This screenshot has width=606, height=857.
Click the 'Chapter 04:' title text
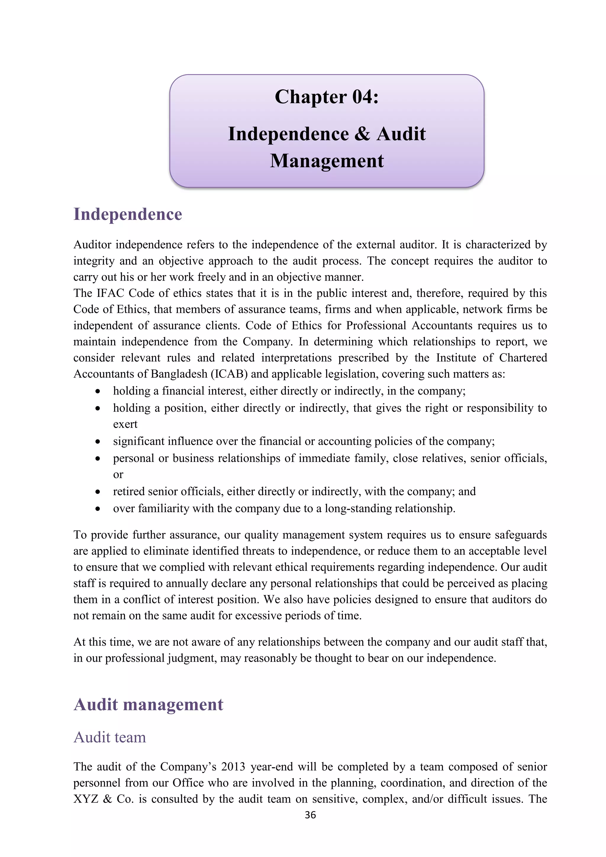pos(326,97)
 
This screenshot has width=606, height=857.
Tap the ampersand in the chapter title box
pos(362,134)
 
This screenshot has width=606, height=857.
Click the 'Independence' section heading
pos(128,215)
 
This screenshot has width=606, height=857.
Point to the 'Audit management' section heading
pos(148,705)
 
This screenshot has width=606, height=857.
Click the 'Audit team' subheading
pos(110,737)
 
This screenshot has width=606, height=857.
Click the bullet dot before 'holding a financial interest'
pos(98,392)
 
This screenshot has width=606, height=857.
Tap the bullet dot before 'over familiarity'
pos(98,509)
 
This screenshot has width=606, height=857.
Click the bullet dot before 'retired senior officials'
pos(98,492)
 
